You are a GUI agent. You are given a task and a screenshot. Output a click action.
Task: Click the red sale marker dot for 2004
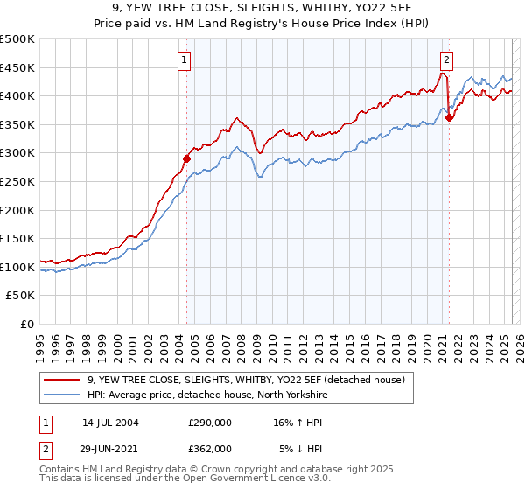[x=186, y=158]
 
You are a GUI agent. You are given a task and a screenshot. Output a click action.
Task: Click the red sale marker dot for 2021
[x=449, y=117]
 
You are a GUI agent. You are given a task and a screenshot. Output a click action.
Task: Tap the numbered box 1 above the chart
[x=185, y=60]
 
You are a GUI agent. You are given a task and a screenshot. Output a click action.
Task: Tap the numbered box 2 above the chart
[x=446, y=60]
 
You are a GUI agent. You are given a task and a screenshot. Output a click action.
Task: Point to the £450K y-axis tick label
[x=17, y=67]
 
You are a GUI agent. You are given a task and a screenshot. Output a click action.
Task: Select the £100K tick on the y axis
[x=17, y=267]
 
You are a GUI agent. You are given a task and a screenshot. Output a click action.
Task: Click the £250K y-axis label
[x=17, y=181]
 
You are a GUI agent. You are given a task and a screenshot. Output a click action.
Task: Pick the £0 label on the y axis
[x=26, y=324]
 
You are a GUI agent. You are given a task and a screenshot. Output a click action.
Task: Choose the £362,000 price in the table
[x=210, y=448]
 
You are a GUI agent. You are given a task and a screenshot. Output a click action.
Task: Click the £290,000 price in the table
[x=210, y=422]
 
